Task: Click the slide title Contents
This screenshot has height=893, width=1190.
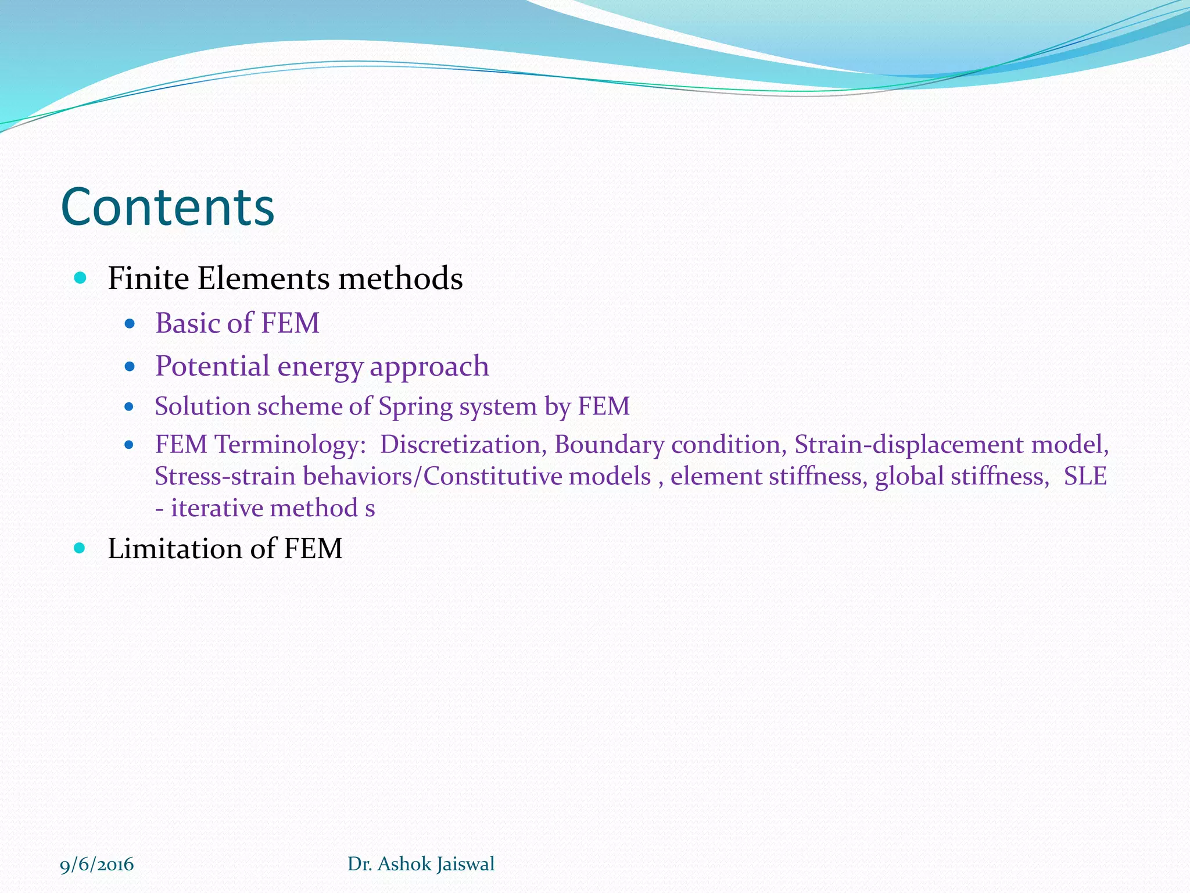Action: pos(167,207)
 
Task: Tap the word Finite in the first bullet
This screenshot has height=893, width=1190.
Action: pos(148,278)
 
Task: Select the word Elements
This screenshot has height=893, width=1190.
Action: pos(264,278)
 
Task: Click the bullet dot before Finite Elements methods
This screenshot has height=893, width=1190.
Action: pos(80,278)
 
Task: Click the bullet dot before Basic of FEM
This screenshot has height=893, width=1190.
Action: pos(130,323)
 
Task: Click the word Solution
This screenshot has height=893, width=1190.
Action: pos(202,406)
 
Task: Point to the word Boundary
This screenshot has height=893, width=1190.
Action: pos(609,445)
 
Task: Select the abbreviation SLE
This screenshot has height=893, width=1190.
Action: pos(1085,477)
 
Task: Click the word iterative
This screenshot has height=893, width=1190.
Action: pos(216,508)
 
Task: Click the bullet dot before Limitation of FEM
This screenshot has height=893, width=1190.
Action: pos(80,548)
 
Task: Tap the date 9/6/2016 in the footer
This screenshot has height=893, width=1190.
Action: pos(97,865)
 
